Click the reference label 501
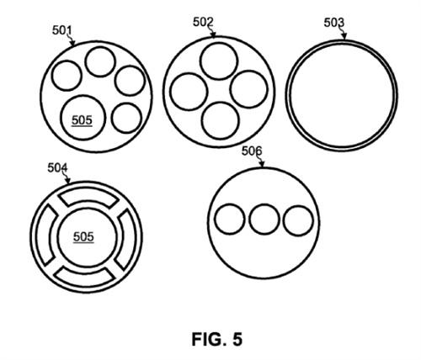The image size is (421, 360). (x=62, y=30)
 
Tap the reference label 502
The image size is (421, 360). (x=203, y=22)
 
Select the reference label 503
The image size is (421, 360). (x=334, y=23)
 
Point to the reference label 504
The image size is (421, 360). (x=57, y=168)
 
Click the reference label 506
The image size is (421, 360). (x=252, y=151)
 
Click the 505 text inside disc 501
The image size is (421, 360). (x=82, y=120)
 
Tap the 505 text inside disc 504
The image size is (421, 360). (x=83, y=237)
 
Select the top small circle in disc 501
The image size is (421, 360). (x=100, y=61)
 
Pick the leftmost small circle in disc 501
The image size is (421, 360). (x=67, y=76)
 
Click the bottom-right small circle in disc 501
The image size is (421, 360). (x=126, y=118)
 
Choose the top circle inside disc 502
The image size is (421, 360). (x=219, y=61)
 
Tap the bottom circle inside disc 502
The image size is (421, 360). (x=221, y=121)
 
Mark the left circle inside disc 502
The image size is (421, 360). (x=189, y=92)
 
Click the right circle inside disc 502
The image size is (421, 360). (x=249, y=89)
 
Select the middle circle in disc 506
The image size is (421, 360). (x=264, y=220)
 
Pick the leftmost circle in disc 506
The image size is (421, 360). (x=230, y=219)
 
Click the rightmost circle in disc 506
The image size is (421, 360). (x=298, y=220)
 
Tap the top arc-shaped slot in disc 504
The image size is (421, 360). (x=88, y=194)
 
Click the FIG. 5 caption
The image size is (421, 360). (x=217, y=339)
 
